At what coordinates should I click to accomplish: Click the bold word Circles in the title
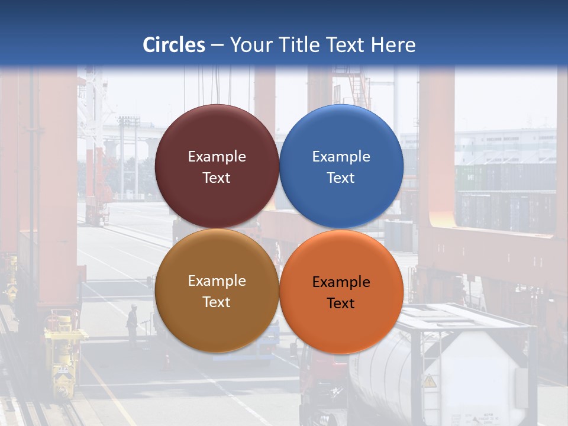pos(174,45)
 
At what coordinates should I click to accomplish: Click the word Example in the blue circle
pos(341,157)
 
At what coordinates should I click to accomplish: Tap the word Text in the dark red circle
pos(217,178)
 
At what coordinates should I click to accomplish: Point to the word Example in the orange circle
pos(341,282)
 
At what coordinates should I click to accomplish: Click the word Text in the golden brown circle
pos(217,302)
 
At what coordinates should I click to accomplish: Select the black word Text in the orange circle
pos(341,304)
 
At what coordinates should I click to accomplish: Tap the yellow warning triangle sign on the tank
pos(430,381)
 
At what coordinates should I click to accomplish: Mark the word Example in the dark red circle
pos(217,157)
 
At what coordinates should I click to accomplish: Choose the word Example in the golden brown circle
pos(217,281)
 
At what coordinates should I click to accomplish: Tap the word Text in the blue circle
pos(341,178)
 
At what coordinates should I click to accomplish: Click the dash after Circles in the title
pos(217,45)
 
